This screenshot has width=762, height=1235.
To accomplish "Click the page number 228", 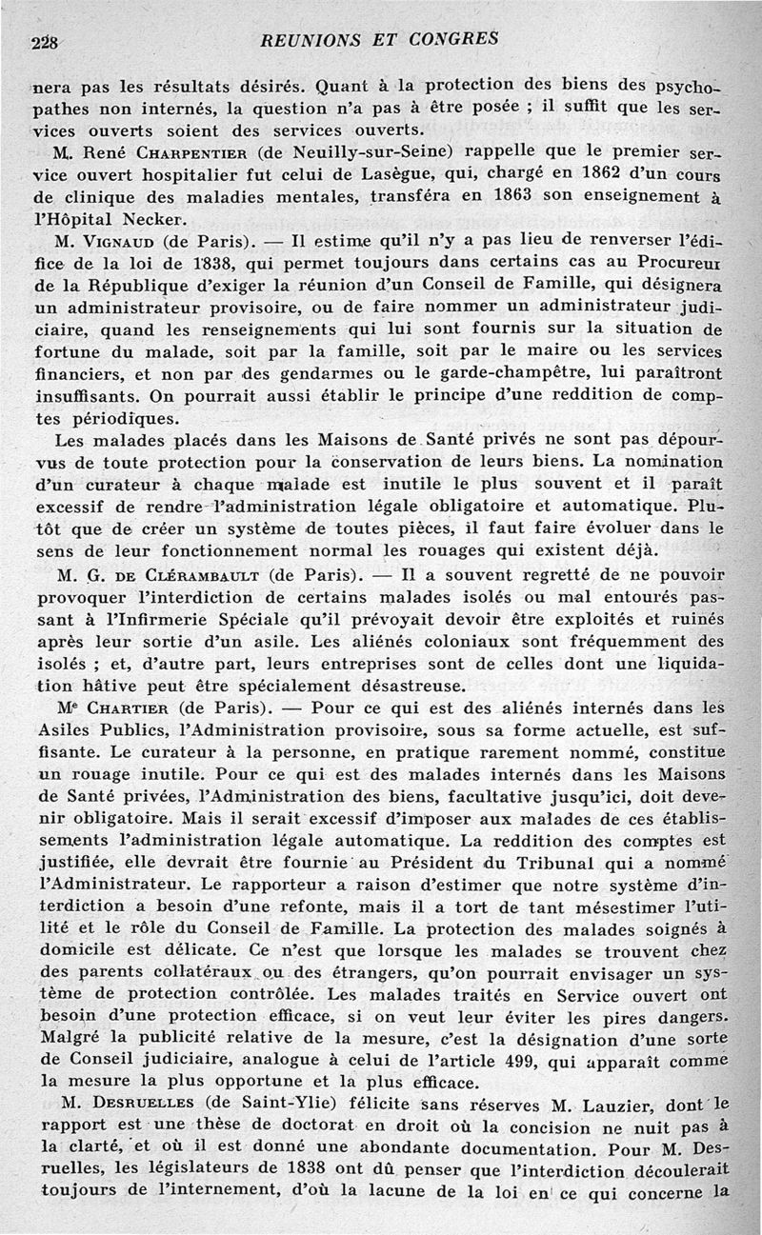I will click(44, 42).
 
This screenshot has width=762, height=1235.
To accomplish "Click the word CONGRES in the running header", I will click(452, 40).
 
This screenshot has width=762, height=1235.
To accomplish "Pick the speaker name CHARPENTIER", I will click(181, 151).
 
